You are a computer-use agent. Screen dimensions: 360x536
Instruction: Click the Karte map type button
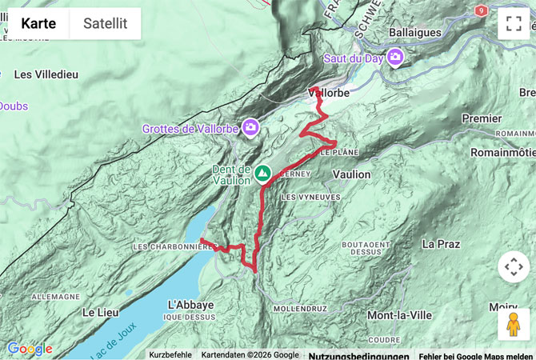[38, 23]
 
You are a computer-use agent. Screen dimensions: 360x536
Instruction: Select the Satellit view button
[106, 23]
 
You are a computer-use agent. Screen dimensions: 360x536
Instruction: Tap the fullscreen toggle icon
[514, 23]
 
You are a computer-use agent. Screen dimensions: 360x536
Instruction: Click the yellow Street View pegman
[514, 325]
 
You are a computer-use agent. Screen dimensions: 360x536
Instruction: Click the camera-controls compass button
[514, 266]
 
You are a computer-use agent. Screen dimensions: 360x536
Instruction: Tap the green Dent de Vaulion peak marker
[262, 171]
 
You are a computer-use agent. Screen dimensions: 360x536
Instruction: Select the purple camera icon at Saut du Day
[395, 58]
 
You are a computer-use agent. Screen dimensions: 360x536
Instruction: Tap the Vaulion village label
[351, 174]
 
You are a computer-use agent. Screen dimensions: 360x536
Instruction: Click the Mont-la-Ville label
[399, 315]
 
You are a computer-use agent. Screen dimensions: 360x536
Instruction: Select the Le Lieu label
[101, 312]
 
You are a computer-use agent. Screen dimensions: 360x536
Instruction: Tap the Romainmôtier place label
[502, 152]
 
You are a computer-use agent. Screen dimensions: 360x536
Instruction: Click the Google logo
[29, 349]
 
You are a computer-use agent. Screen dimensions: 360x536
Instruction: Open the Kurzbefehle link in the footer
[170, 354]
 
